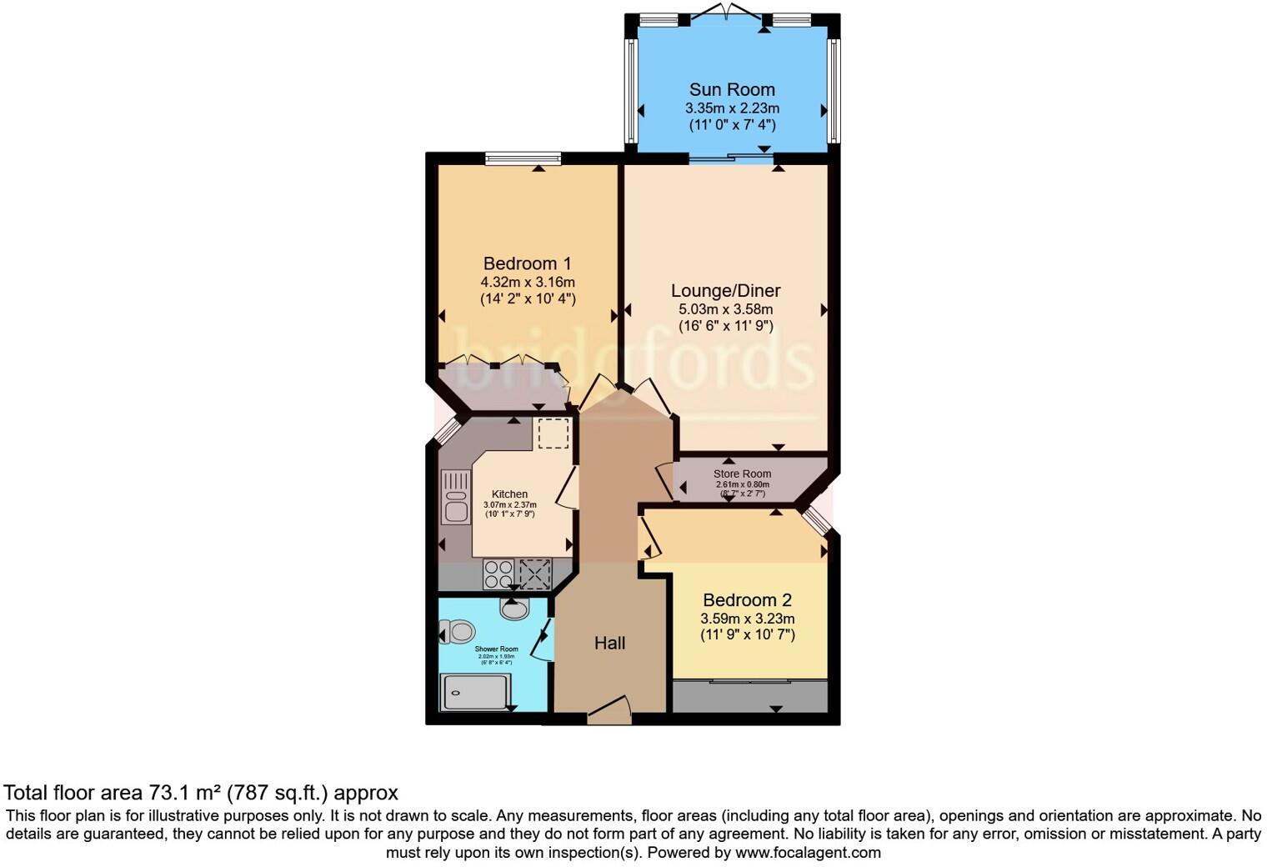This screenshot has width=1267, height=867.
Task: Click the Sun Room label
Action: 732,89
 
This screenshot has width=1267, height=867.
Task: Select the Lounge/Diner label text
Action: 725,291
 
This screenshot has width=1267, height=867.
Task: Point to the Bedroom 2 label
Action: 747,600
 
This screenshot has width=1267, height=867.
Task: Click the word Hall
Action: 609,643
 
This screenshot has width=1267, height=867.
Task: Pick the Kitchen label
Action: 509,494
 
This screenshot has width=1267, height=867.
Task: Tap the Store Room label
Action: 742,474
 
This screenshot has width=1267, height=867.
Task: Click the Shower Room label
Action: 496,649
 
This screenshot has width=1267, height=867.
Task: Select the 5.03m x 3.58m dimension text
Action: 725,309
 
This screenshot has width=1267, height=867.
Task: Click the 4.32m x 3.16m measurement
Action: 527,282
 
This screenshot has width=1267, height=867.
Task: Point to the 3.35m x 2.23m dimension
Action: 732,108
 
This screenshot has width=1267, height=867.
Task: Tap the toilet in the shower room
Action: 458,631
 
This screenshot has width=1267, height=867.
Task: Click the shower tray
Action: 475,692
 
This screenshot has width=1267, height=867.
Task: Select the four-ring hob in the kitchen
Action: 498,574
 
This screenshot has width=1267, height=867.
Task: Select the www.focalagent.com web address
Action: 808,853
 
